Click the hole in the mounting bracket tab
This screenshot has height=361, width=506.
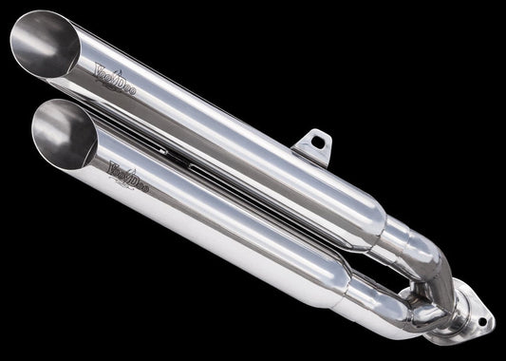click(x=317, y=142)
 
